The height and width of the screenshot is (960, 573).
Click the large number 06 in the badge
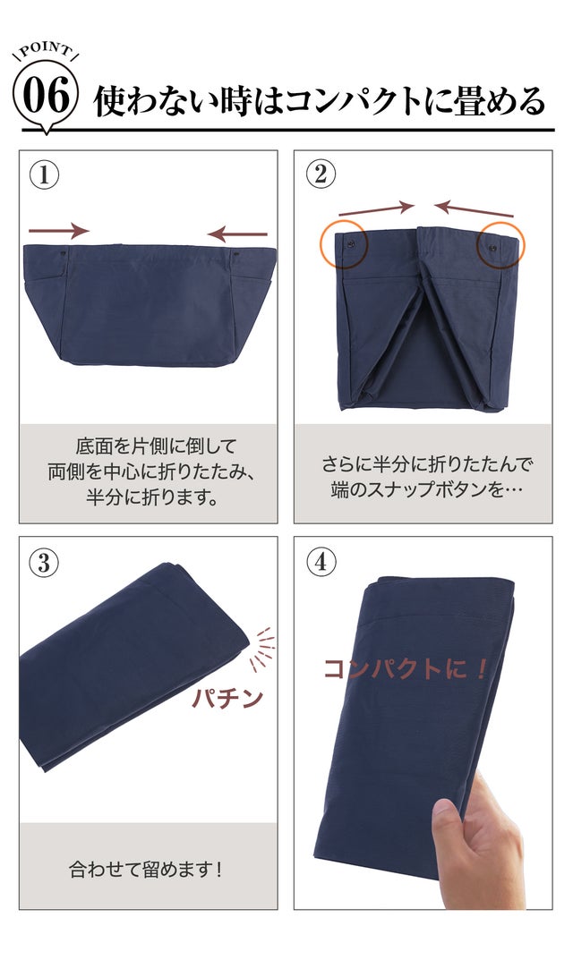coord(46,96)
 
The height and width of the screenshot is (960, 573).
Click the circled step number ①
coord(44,175)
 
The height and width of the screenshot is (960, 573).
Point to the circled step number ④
coord(321,562)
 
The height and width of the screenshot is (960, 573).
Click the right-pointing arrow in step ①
coord(59,231)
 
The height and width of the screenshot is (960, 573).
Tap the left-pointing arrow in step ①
coord(237,234)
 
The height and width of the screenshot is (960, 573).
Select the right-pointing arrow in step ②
coord(376,208)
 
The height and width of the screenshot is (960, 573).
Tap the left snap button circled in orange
coord(351,243)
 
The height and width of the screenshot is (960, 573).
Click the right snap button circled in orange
coord(492,248)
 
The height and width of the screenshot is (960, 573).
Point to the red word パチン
coord(227,697)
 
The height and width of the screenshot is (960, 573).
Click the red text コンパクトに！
coord(405,668)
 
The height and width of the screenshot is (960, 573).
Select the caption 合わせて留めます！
coord(146,869)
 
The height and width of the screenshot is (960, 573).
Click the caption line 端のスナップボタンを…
coord(427,490)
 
